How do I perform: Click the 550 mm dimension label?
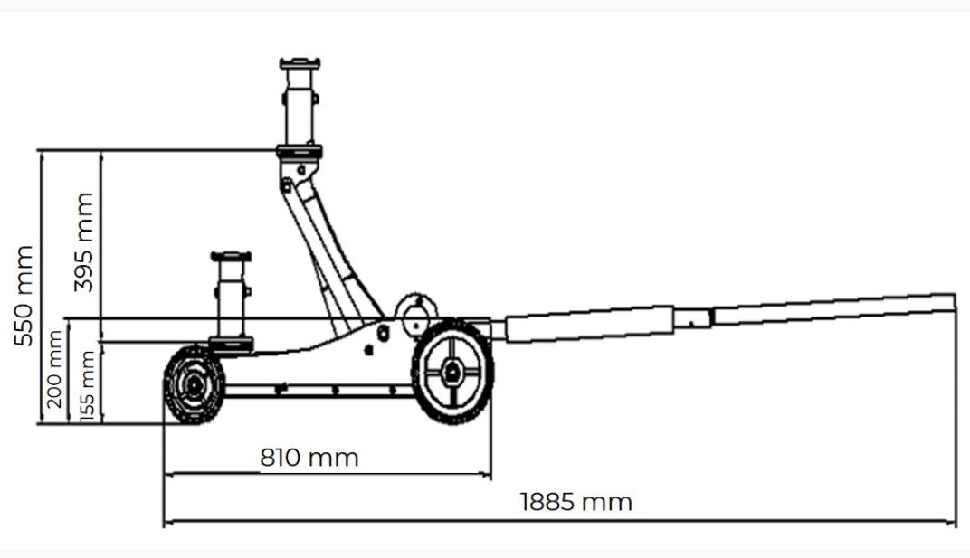[24, 296]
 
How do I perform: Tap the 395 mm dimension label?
[84, 241]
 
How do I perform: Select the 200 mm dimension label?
[55, 370]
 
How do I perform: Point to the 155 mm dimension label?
[88, 385]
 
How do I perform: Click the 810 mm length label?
[309, 458]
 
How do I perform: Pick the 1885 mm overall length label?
[575, 501]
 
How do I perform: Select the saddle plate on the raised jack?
[300, 62]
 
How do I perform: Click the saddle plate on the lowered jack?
[230, 257]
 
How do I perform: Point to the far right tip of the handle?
[952, 301]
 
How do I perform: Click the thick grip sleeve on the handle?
[589, 324]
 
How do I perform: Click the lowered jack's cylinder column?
[230, 298]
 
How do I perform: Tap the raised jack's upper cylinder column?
[300, 104]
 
